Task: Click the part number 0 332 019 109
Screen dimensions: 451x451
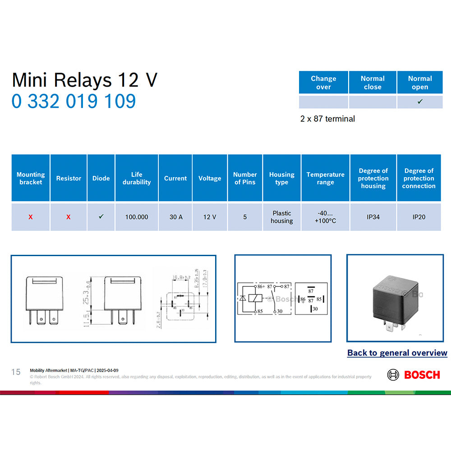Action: (74, 101)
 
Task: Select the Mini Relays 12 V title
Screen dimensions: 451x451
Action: (84, 80)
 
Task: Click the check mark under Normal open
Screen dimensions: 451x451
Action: (419, 102)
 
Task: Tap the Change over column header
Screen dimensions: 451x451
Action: (323, 83)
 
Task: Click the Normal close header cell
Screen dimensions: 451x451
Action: (373, 83)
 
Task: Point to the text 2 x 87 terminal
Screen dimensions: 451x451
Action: (327, 119)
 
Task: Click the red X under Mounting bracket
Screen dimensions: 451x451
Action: (31, 217)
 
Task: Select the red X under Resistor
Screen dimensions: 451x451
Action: (69, 217)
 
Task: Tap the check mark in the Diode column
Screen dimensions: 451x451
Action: (101, 217)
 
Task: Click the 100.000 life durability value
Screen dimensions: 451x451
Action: (137, 217)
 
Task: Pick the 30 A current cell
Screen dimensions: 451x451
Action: (175, 217)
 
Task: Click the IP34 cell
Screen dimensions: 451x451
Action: (373, 217)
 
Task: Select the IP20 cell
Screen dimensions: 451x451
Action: (419, 217)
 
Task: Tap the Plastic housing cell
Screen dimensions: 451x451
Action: (281, 217)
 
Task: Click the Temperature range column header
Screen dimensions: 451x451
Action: (325, 178)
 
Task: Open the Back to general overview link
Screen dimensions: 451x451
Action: (397, 353)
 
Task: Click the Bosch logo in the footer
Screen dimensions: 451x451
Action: (413, 374)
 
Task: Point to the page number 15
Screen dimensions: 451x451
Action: (16, 372)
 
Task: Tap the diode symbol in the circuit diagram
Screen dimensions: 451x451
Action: (243, 299)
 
